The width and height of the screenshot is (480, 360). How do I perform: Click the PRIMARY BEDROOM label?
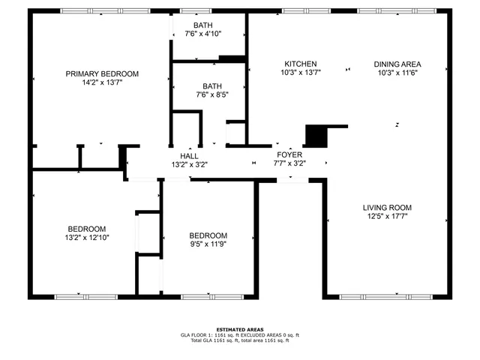click(x=102, y=73)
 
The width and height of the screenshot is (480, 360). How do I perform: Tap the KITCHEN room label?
click(x=300, y=64)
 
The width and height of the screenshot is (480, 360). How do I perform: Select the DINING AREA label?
click(x=397, y=64)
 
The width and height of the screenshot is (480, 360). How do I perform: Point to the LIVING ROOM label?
click(x=387, y=207)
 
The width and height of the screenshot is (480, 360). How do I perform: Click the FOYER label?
click(x=289, y=154)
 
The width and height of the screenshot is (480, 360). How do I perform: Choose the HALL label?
click(x=189, y=155)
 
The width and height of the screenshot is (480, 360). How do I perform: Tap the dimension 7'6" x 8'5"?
click(x=211, y=95)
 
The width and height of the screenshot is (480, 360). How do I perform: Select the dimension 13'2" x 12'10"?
click(x=87, y=238)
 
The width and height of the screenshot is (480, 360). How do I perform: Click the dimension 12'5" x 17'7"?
click(x=387, y=216)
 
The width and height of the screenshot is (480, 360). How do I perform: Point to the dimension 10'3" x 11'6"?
click(x=397, y=73)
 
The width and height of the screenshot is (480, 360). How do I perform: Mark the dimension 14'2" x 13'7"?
click(x=102, y=82)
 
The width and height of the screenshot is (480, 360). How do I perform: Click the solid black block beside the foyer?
click(x=316, y=136)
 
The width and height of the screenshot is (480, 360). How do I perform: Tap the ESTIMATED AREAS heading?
click(x=240, y=330)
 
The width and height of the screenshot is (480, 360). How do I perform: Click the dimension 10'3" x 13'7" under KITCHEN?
click(x=300, y=73)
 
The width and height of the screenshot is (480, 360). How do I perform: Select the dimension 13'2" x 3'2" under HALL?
click(x=189, y=164)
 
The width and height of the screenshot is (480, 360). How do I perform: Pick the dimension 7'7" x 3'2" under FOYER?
click(x=289, y=163)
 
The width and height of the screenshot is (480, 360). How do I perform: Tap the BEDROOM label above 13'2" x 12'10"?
click(x=87, y=229)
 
